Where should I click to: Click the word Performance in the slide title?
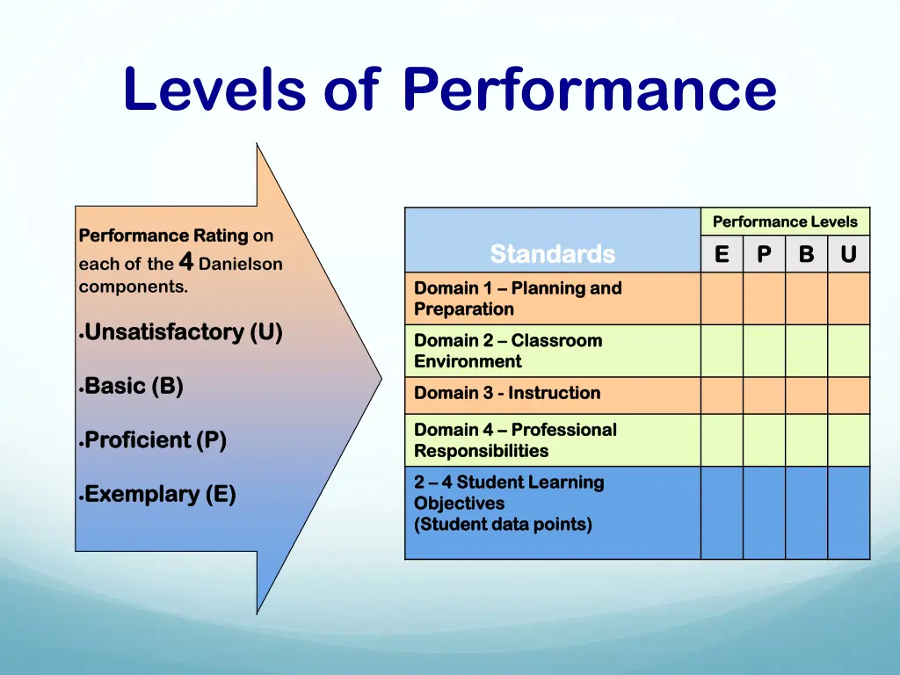(590, 90)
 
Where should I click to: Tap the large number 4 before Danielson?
(185, 261)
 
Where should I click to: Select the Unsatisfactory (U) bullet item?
(183, 332)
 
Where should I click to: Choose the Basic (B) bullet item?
(134, 386)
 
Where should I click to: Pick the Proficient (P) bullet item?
(156, 439)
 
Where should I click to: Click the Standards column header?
(552, 254)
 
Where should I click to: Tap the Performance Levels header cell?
(785, 221)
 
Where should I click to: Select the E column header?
(722, 254)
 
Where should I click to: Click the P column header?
(764, 254)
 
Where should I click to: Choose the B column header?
(806, 254)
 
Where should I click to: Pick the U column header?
(848, 254)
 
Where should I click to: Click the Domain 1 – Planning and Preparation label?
(518, 299)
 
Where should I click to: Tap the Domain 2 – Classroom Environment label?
(508, 351)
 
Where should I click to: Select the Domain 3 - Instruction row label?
(507, 394)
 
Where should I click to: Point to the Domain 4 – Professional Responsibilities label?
(515, 440)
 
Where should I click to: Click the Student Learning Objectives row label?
(509, 504)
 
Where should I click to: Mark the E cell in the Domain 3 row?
(722, 396)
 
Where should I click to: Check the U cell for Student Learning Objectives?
(848, 512)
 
